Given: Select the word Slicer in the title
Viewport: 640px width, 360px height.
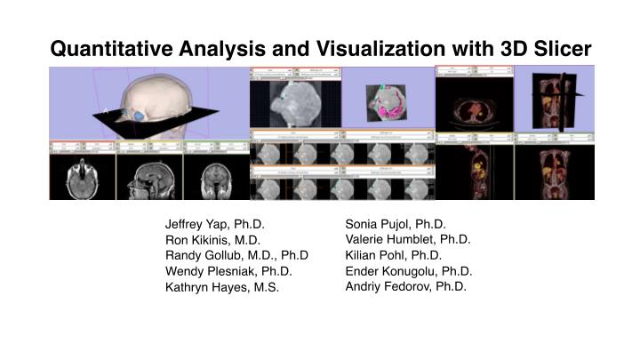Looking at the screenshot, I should [x=559, y=49].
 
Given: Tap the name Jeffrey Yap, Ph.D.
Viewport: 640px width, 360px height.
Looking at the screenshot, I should [x=215, y=224].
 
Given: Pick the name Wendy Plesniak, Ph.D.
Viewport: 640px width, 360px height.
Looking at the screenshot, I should [x=228, y=271].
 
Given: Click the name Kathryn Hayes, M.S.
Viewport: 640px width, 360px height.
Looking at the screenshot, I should [x=221, y=287].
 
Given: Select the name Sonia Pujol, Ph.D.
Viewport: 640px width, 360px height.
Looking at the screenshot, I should [x=395, y=224].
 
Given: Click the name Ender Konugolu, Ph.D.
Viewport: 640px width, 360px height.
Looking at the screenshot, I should [x=408, y=271].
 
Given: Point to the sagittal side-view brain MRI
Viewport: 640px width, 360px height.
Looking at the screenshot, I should [x=149, y=176].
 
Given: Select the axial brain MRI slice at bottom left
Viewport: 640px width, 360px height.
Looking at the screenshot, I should [x=82, y=176].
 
